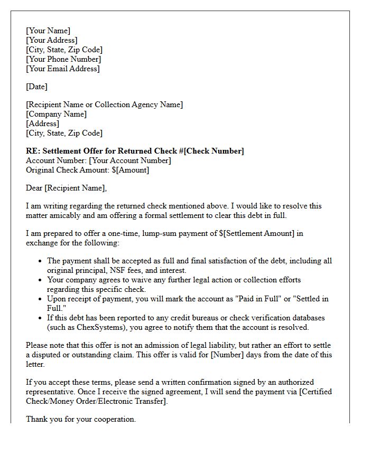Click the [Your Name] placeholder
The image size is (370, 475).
tap(48, 31)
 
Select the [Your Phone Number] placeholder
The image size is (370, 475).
tap(63, 59)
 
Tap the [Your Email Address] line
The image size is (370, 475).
tap(63, 69)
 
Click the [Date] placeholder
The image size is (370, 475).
tap(36, 87)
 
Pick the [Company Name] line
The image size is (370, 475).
tap(57, 114)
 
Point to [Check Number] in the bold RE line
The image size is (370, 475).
tap(214, 151)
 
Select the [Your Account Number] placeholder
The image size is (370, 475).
tap(129, 160)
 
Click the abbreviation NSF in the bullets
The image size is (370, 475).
tap(119, 270)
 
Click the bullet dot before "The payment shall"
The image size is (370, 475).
tap(40, 261)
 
